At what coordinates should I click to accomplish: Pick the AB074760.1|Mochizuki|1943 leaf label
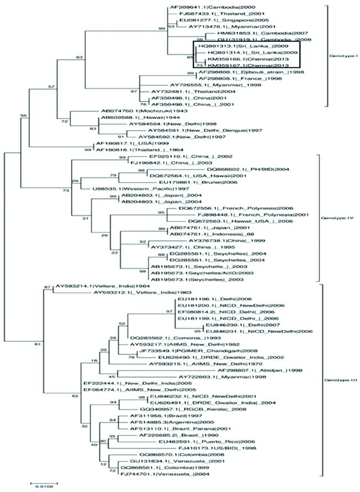[x=134, y=110]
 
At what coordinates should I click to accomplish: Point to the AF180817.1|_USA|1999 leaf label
[x=124, y=143]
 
